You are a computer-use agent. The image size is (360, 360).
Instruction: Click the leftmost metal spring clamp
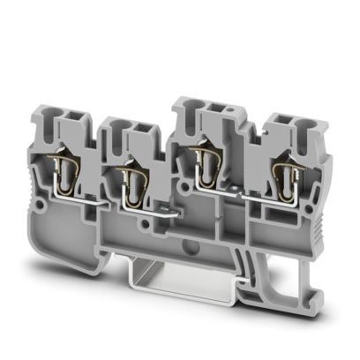click(x=70, y=168)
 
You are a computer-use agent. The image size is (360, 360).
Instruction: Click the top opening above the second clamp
click(x=129, y=132)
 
